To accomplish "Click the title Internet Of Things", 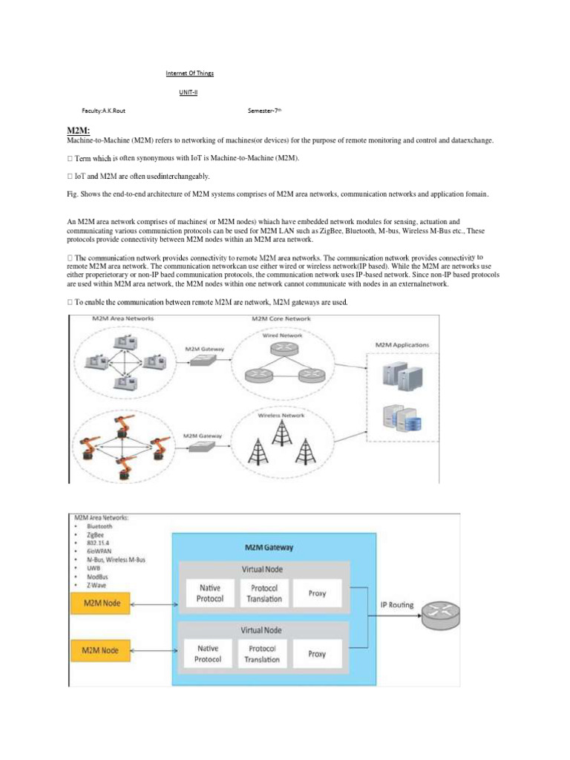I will pyautogui.click(x=189, y=74).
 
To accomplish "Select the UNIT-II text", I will pyautogui.click(x=189, y=92).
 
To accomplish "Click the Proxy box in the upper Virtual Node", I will pyautogui.click(x=317, y=594).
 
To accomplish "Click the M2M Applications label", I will pyautogui.click(x=402, y=346).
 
